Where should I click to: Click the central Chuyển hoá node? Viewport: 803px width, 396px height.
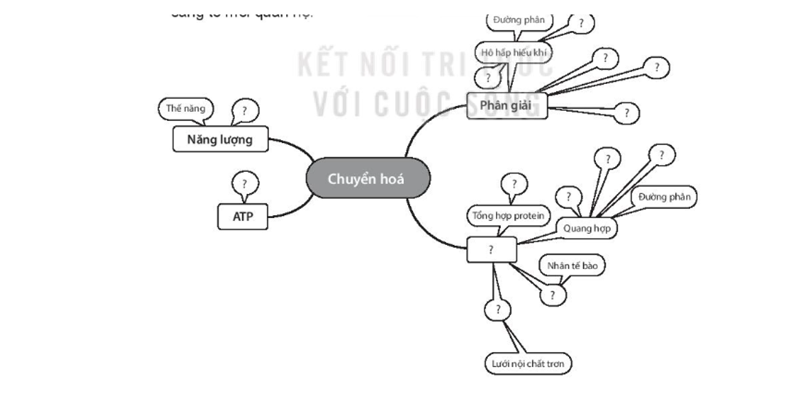pyautogui.click(x=368, y=179)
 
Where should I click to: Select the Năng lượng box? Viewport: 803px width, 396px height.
pyautogui.click(x=220, y=140)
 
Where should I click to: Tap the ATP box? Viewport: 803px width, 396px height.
pyautogui.click(x=243, y=217)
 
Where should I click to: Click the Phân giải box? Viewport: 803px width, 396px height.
pyautogui.click(x=507, y=105)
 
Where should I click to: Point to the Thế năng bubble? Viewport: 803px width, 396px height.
pyautogui.click(x=185, y=108)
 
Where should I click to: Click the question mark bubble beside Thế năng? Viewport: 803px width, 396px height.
pyautogui.click(x=244, y=110)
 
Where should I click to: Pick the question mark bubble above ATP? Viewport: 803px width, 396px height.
pyautogui.click(x=244, y=184)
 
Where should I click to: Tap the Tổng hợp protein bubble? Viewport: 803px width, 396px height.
pyautogui.click(x=508, y=215)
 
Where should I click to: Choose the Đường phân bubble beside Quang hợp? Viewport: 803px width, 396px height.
pyautogui.click(x=664, y=197)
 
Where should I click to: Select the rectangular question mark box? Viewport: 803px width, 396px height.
pyautogui.click(x=491, y=250)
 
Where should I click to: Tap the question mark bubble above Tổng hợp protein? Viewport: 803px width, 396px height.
pyautogui.click(x=513, y=184)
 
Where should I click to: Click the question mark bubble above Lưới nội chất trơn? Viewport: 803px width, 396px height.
pyautogui.click(x=497, y=309)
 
